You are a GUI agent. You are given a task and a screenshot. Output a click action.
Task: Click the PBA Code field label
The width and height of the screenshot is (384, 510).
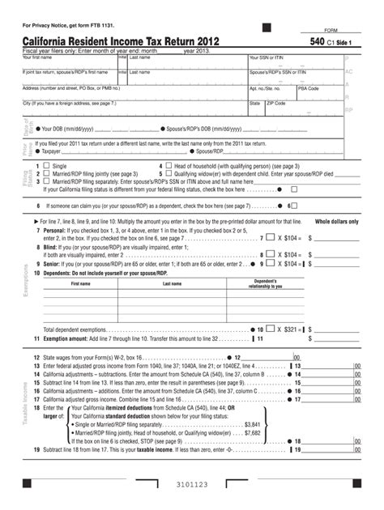click(309, 88)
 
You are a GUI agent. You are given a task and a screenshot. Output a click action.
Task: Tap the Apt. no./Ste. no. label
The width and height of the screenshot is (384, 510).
click(265, 88)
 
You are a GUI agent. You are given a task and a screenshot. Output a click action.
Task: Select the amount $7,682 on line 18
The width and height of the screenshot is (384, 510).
click(275, 432)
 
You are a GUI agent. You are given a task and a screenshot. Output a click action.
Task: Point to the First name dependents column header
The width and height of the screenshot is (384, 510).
click(81, 284)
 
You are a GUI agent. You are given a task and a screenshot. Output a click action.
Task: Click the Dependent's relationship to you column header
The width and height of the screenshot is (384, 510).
click(265, 284)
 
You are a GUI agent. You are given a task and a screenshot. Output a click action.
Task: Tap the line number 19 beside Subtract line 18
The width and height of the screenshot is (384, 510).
click(37, 449)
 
